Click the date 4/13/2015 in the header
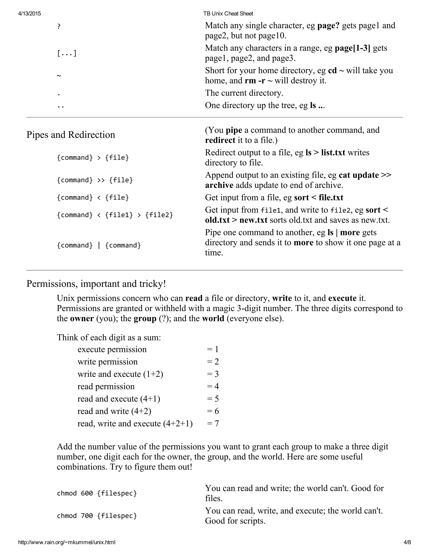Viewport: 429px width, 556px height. click(30, 14)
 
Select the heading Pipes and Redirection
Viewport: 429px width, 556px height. click(71, 135)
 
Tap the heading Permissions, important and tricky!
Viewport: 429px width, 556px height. click(96, 284)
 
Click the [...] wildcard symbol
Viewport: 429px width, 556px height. click(67, 53)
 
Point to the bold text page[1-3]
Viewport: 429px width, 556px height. click(352, 48)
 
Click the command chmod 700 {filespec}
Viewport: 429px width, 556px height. click(97, 516)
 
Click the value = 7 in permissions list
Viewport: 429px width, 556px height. click(213, 423)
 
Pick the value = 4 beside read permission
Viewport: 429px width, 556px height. click(213, 386)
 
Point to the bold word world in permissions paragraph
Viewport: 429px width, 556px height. click(213, 318)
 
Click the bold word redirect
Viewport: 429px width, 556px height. click(220, 140)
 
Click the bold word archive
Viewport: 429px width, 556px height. click(219, 185)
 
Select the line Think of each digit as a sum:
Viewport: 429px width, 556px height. click(109, 338)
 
